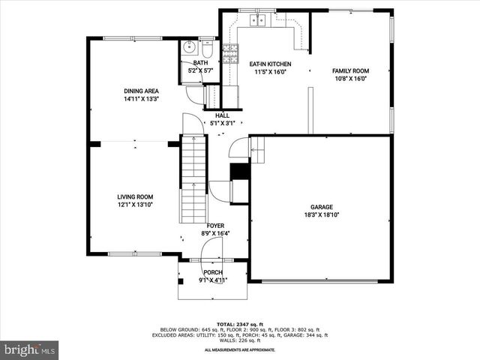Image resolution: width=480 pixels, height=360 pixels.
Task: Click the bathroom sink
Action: click(189, 50)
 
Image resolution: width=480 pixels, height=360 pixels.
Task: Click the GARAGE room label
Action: click(322, 207)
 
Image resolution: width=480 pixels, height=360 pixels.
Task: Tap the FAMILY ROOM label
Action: click(351, 70)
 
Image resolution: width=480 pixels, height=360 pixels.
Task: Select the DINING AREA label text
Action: click(141, 91)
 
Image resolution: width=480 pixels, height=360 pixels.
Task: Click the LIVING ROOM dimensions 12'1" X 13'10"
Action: click(135, 204)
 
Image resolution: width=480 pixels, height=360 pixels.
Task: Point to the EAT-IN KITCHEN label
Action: click(270, 64)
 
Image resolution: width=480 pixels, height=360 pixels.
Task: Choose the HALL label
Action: click(223, 115)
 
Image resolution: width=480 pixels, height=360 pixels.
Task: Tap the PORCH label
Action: click(213, 272)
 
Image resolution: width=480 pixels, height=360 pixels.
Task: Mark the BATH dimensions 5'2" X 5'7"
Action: click(201, 70)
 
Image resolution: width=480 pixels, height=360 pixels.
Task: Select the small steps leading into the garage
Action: click(257, 154)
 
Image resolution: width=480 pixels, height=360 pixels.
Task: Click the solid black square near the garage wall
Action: click(239, 172)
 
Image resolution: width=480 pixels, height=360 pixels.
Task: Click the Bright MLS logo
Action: click(30, 349)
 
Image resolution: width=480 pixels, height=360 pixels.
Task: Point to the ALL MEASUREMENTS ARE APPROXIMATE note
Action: click(239, 349)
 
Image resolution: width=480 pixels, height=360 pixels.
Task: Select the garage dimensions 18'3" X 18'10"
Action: click(322, 215)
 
